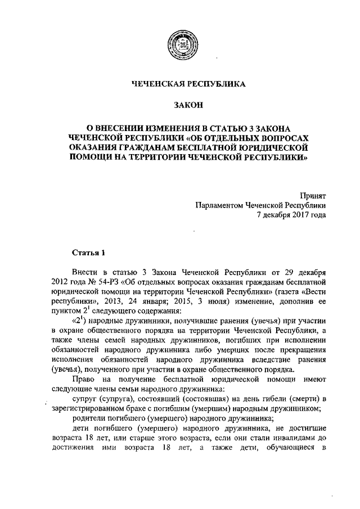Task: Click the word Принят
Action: pyautogui.click(x=312, y=196)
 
